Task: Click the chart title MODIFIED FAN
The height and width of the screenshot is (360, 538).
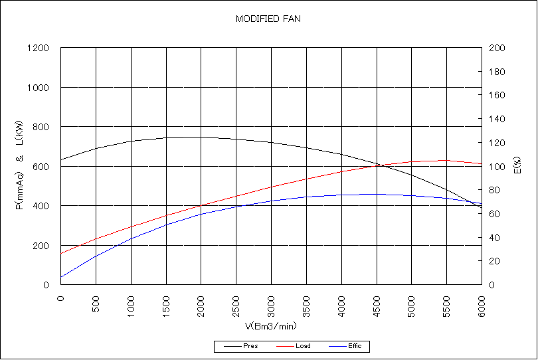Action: click(x=268, y=19)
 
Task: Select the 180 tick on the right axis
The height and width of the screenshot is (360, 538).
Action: click(x=497, y=72)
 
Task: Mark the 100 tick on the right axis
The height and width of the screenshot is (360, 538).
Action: click(x=497, y=167)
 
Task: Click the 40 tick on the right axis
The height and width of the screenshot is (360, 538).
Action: click(x=495, y=238)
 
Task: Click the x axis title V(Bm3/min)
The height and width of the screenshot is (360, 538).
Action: click(x=271, y=326)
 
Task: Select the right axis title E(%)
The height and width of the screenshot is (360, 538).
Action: click(x=517, y=166)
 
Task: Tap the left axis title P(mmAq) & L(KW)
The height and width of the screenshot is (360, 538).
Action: click(x=19, y=166)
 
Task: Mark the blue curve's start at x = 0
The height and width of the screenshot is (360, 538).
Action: click(x=60, y=277)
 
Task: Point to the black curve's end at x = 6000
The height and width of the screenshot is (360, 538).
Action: click(x=482, y=208)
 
